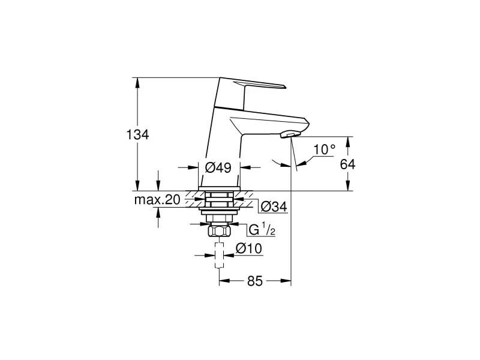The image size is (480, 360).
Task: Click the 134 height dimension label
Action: [138, 134]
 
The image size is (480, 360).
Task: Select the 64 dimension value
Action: [347, 164]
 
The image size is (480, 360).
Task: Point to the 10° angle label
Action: [324, 149]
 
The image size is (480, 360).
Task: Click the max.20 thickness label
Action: [157, 200]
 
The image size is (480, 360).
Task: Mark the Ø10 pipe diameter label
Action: [247, 248]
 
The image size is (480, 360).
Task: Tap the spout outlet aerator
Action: [291, 134]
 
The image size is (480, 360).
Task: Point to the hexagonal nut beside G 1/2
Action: [219, 232]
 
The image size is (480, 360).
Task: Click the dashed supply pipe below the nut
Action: [220, 258]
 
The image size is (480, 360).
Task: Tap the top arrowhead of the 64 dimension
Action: [347, 140]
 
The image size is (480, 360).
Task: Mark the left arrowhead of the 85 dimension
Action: [224, 281]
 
